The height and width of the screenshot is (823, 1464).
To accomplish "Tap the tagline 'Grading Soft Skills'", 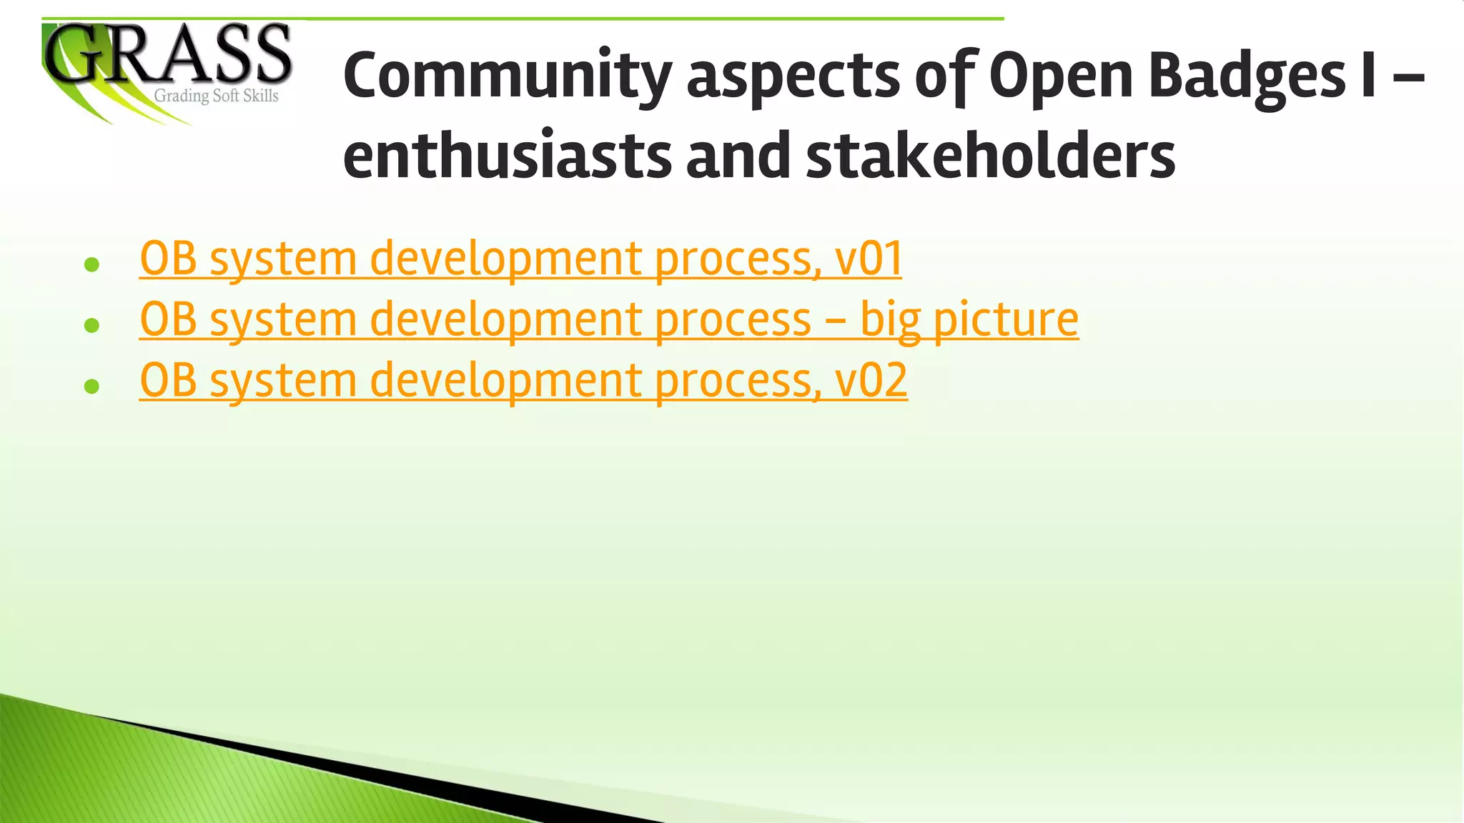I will coord(216,96).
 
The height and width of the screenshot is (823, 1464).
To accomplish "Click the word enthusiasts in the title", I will coord(507,156).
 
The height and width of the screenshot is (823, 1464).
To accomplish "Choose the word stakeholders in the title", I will coord(991,156).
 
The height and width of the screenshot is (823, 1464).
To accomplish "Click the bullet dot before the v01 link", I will coord(91,265).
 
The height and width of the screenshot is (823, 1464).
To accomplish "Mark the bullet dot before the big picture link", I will coord(91,326).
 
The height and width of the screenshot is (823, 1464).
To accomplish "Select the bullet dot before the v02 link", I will coord(91,386).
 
